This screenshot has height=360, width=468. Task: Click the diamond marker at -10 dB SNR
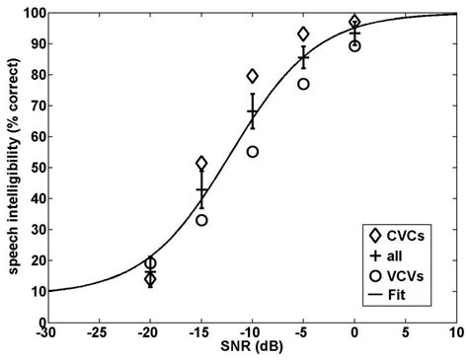pyautogui.click(x=253, y=76)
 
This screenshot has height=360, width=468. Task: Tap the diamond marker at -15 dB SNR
pyautogui.click(x=201, y=163)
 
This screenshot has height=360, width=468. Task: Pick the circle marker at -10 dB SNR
pyautogui.click(x=253, y=152)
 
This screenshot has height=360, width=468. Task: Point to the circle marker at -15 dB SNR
pyautogui.click(x=201, y=220)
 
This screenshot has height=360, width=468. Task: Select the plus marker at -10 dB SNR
pyautogui.click(x=253, y=112)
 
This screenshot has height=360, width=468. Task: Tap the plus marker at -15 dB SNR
pyautogui.click(x=201, y=189)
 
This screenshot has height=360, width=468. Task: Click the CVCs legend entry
pyautogui.click(x=399, y=235)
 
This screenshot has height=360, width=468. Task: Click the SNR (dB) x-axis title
pyautogui.click(x=251, y=349)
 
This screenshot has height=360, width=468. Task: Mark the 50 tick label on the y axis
pyautogui.click(x=33, y=168)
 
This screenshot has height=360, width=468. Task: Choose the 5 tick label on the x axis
pyautogui.click(x=405, y=333)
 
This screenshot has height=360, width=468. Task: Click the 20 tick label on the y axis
pyautogui.click(x=33, y=260)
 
